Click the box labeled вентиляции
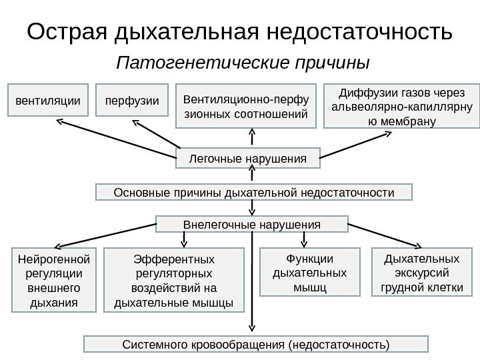(47, 101)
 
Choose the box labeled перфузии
(132, 101)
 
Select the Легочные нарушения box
(248, 159)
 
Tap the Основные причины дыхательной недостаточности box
(254, 193)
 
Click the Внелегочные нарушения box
(252, 224)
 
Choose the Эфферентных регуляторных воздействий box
(175, 280)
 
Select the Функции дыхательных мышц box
(309, 272)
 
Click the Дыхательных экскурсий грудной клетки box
(421, 272)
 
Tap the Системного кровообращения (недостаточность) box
(255, 344)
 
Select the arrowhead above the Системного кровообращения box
(252, 327)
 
